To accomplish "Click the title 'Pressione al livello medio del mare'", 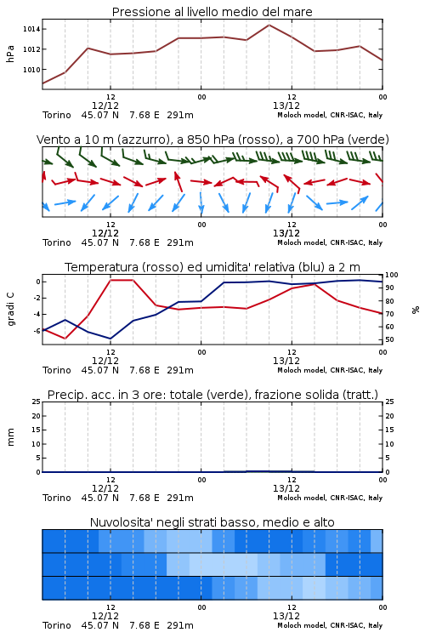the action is pos(212,12).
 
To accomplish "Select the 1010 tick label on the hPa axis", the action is pos(31,70).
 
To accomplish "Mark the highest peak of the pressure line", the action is pos(269,25).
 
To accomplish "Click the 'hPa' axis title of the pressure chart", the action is pos(10,54).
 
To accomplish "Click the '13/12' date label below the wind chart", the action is pos(286,233).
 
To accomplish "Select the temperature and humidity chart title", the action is pos(212,267).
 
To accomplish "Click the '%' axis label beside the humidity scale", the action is pos(416,310).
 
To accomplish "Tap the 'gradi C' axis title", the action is pos(10,310).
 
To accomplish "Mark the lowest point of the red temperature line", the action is pos(65,338).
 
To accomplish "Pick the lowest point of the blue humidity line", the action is pos(110,339).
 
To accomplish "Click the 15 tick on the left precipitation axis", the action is pos(36,430).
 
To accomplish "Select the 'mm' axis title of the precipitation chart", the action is pos(10,437).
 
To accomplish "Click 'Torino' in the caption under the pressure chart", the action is pos(57,115).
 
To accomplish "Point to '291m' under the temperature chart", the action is pos(180,370).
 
